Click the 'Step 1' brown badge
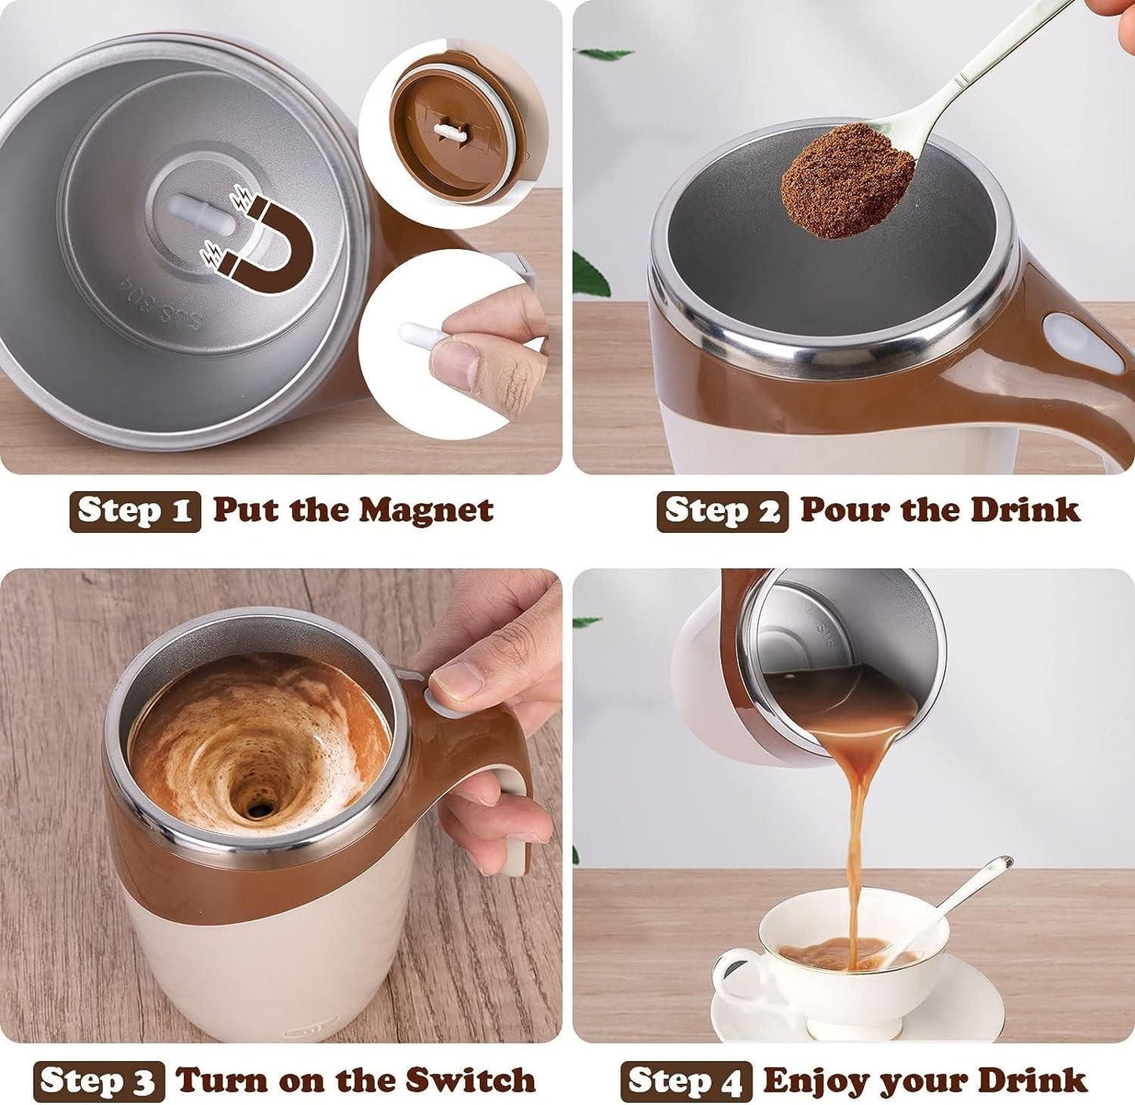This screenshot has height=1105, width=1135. click(x=135, y=511)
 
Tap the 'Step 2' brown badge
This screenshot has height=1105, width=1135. click(x=722, y=511)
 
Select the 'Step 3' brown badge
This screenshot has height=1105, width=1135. click(x=99, y=1081)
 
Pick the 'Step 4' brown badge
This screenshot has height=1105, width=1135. click(x=686, y=1081)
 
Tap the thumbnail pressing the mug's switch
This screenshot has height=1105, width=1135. click(x=457, y=681)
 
